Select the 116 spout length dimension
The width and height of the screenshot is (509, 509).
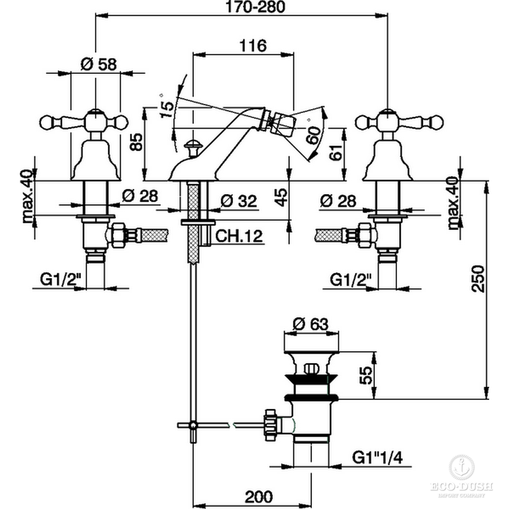pos(253,45)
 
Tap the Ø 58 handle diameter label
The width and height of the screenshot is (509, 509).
pos(99,65)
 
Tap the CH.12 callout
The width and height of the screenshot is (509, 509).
pos(238,236)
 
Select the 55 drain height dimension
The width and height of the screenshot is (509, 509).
pos(365,375)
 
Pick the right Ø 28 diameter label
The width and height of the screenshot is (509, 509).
pos(338,200)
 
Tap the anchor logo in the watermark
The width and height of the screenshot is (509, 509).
pos(461,467)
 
